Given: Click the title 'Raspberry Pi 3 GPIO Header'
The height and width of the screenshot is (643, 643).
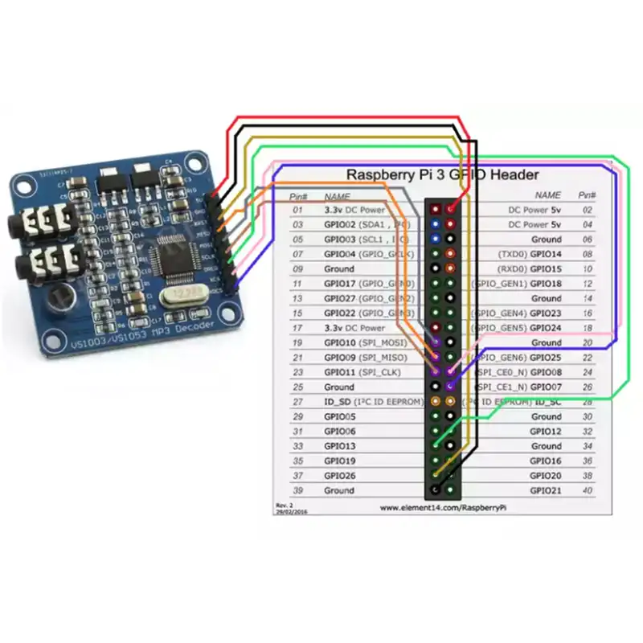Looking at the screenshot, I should click(442, 174).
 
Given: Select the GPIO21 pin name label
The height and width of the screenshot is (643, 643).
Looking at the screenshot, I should click(546, 490).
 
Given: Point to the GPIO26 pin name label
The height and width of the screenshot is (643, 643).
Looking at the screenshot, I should click(339, 476).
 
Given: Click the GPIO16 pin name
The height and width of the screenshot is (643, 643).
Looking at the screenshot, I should click(546, 461).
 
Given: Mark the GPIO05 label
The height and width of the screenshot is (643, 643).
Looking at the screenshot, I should click(339, 417).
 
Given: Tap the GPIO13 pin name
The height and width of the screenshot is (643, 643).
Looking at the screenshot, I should click(339, 446).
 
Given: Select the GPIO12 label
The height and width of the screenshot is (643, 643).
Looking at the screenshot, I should click(546, 432).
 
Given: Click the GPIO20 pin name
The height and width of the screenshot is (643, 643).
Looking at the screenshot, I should click(546, 476).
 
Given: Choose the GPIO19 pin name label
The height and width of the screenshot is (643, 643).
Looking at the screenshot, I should click(339, 461).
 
